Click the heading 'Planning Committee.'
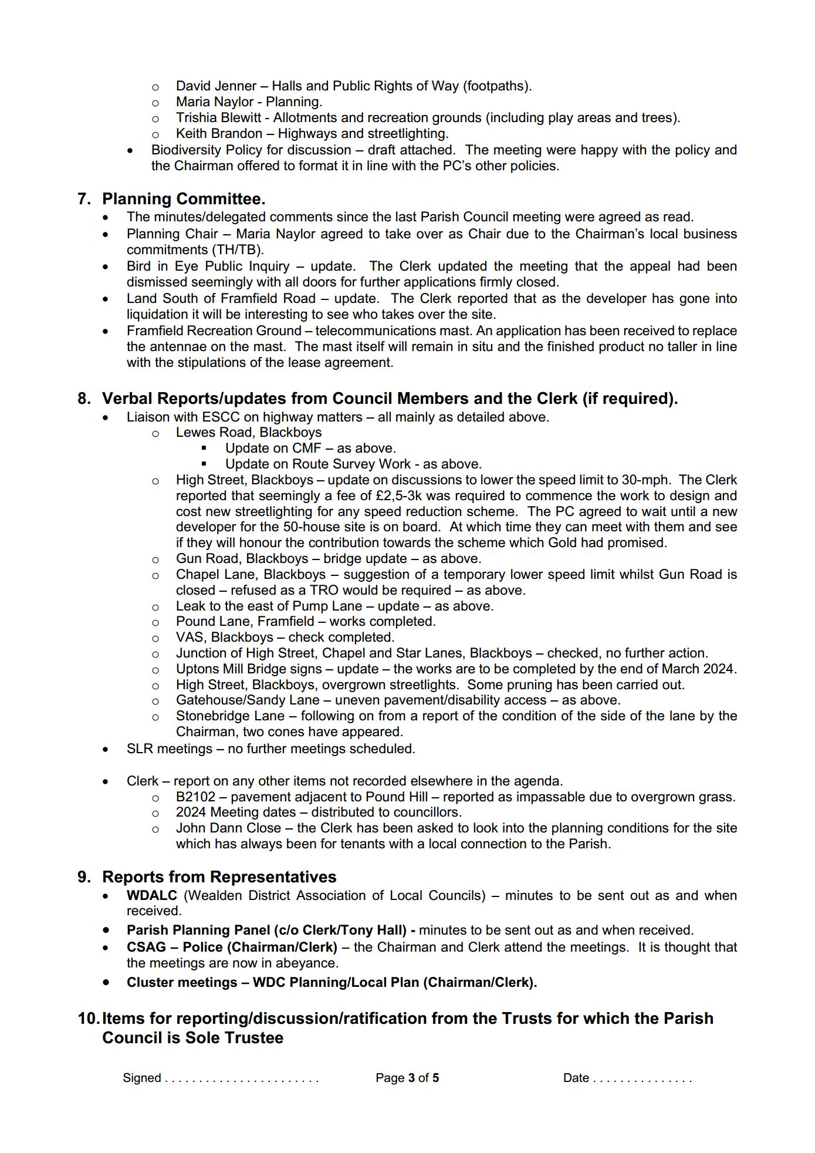[184, 199]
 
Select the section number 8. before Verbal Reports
[84, 399]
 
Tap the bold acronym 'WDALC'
[152, 896]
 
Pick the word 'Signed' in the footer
[142, 1078]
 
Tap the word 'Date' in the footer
[576, 1078]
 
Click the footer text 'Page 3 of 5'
[407, 1078]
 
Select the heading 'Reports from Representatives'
[219, 877]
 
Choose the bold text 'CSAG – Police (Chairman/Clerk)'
[232, 948]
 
